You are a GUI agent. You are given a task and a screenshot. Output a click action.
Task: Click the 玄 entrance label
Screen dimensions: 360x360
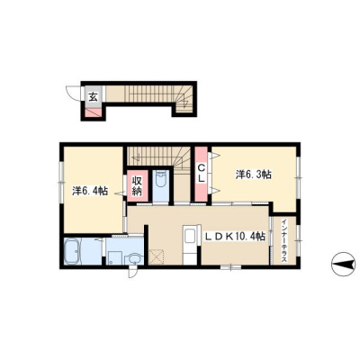tap(94, 97)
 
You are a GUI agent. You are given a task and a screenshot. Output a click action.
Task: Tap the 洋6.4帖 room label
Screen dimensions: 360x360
tap(90, 191)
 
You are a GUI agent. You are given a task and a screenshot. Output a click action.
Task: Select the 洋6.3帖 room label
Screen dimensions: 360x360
tap(254, 175)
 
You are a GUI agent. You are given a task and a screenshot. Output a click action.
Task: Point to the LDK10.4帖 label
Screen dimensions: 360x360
tap(235, 237)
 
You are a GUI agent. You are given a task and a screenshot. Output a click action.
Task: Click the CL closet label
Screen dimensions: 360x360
tap(202, 174)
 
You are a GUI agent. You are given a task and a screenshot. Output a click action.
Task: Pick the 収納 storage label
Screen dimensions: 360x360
tap(137, 185)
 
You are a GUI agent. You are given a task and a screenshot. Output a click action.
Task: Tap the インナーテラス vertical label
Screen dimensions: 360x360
tap(284, 242)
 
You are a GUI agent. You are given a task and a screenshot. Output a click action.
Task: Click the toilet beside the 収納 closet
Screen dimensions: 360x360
tap(161, 179)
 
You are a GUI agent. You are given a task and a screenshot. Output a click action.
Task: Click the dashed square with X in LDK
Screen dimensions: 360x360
tap(156, 256)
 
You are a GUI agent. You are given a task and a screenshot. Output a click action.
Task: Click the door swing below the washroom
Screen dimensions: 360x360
tap(132, 273)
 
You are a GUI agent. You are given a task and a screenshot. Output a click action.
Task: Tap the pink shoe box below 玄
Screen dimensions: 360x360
tap(94, 112)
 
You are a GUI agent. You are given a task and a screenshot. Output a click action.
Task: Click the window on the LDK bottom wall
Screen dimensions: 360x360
tap(230, 266)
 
